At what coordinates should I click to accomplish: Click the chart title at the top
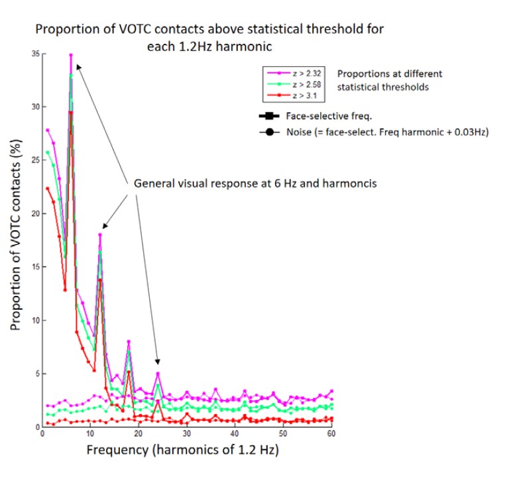point(209,38)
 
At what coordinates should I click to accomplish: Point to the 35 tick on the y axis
point(34,53)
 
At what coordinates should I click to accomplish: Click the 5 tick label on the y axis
point(36,374)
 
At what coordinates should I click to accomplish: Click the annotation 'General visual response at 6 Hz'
point(255,183)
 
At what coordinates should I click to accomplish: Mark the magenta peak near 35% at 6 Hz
point(71,54)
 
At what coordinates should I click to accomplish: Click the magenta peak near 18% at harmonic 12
point(100,234)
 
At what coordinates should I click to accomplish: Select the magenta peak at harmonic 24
point(158,373)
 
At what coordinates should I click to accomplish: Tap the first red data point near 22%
point(47,188)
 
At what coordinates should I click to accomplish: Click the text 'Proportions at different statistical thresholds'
point(389,80)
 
